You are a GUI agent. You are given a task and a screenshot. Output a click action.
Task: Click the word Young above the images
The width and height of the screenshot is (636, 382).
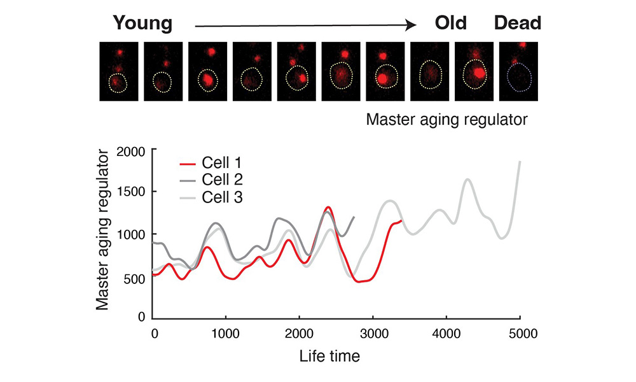tap(142, 24)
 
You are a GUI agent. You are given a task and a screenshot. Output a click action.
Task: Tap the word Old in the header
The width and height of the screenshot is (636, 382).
tap(450, 24)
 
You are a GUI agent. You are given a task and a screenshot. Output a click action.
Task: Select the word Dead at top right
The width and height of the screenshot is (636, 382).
tap(518, 24)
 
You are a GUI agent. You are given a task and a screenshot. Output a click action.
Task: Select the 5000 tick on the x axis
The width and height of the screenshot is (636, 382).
tap(520, 332)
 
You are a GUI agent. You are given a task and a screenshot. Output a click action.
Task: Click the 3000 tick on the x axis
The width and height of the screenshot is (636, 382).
tap(373, 332)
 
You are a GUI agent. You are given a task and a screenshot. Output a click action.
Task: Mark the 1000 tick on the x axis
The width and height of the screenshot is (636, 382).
tap(226, 332)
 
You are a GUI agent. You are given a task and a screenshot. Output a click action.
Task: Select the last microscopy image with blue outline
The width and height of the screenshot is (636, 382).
tap(519, 71)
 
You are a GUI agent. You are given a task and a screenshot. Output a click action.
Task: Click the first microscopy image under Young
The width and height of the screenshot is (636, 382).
tap(118, 71)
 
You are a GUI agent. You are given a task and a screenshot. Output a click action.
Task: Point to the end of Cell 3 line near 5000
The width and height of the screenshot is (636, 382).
tap(520, 162)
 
